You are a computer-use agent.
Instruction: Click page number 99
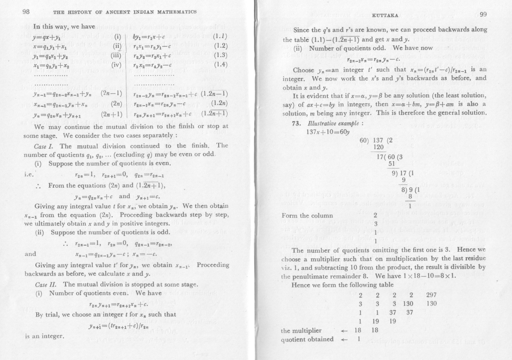click(x=483, y=14)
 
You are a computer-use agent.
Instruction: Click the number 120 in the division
click(x=378, y=147)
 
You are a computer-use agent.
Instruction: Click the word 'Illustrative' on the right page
click(x=318, y=123)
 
